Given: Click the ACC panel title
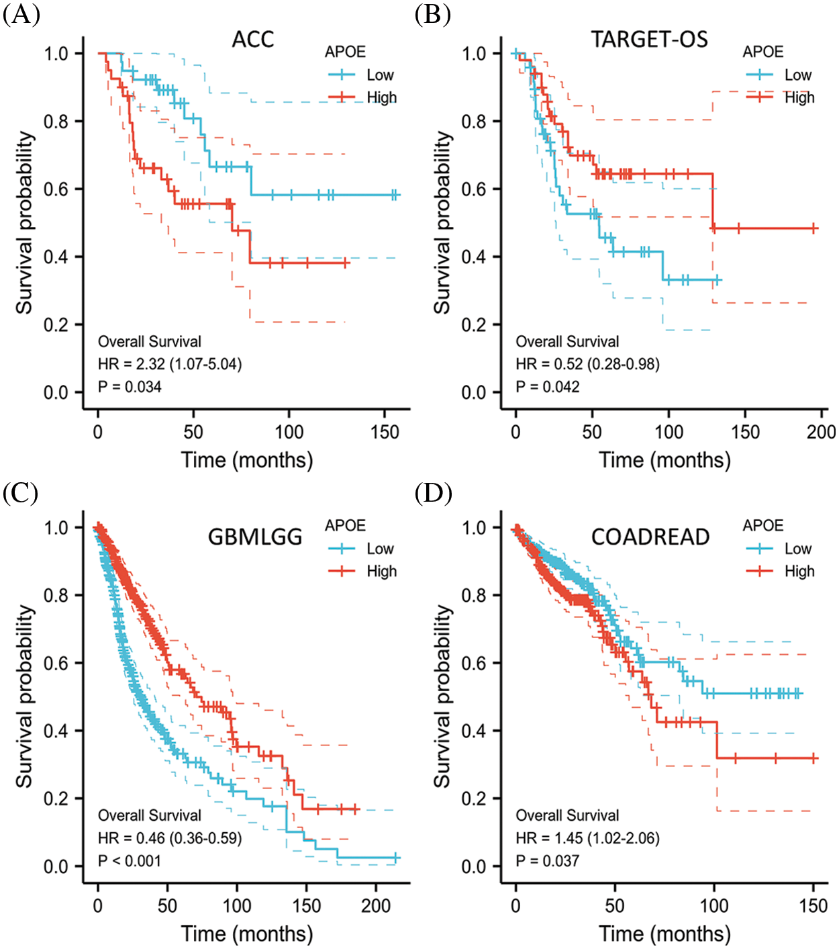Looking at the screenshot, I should (x=253, y=40).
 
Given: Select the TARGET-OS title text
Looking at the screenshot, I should (x=649, y=40).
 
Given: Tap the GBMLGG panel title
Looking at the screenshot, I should (x=255, y=537).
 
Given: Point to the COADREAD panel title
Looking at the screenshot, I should (x=650, y=537).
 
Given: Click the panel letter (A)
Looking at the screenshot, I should (x=21, y=14).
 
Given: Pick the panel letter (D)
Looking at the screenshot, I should (x=433, y=494).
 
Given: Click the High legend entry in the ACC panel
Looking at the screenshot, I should (x=381, y=98).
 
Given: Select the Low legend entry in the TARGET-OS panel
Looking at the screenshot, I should (x=797, y=75).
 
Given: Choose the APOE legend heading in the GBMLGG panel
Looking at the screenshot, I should (x=345, y=526).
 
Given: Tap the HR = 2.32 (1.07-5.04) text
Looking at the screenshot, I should (x=170, y=364).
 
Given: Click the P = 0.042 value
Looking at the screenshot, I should (x=547, y=387).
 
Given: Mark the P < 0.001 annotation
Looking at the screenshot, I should (x=130, y=861).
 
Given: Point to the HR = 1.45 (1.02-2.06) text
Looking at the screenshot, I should (x=587, y=838).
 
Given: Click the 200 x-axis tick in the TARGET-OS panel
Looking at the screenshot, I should (x=821, y=432).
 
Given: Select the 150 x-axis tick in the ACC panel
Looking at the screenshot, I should (x=385, y=432).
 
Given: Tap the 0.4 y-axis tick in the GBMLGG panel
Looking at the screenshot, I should (x=57, y=731).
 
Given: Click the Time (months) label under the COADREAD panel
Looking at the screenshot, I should (x=664, y=934).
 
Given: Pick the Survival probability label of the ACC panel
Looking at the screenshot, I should (x=25, y=223).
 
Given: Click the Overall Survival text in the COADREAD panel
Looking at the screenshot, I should (x=567, y=815).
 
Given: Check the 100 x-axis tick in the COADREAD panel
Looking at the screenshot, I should (x=714, y=906).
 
